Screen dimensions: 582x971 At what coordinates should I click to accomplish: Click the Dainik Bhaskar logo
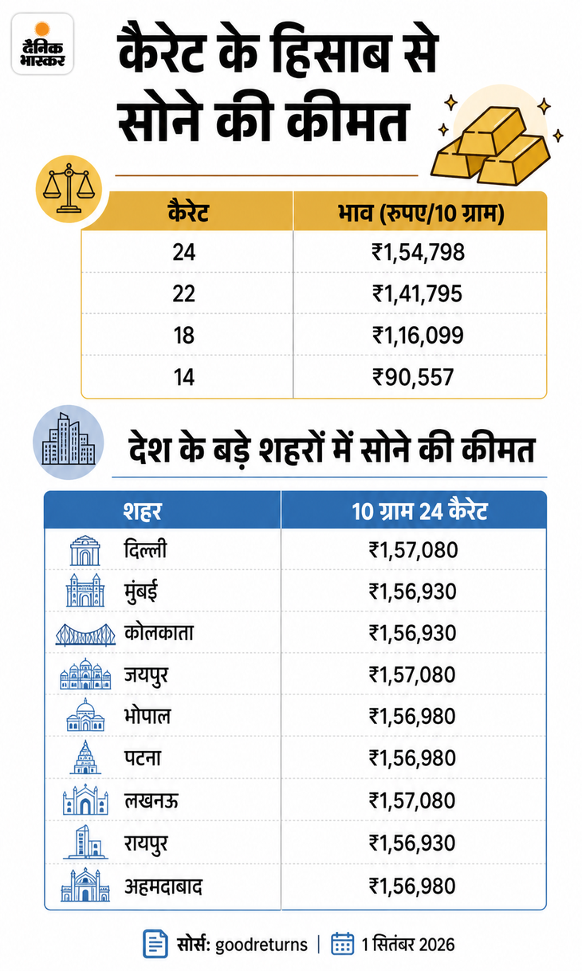click(42, 44)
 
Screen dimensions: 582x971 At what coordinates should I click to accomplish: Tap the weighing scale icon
click(69, 189)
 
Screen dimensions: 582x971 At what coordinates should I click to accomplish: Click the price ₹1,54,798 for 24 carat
click(419, 252)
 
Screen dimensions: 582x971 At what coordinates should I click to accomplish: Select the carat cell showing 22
click(183, 293)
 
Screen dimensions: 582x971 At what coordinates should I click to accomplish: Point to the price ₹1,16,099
click(419, 335)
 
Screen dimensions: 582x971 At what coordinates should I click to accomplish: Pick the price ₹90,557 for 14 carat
click(413, 377)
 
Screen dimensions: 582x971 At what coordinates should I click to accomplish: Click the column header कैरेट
click(188, 212)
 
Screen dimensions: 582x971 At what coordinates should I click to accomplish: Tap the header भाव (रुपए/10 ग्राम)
click(421, 213)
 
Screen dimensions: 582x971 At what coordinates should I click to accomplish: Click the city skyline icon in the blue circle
click(69, 442)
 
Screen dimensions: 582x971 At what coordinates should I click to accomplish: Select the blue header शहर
click(142, 511)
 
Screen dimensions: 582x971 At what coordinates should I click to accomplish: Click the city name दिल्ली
click(145, 549)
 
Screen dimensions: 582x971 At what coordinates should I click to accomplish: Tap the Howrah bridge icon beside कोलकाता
click(85, 635)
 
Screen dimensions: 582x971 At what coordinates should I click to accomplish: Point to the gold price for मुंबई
click(412, 592)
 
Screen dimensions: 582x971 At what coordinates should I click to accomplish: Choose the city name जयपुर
click(147, 675)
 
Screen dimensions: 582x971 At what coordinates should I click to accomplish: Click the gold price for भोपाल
click(412, 716)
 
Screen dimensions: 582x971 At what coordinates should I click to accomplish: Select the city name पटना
click(143, 757)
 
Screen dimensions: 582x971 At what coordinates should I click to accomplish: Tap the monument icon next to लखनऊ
click(85, 800)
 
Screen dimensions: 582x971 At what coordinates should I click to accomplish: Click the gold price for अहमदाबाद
click(412, 886)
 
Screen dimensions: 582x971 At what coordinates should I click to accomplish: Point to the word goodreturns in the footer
click(262, 944)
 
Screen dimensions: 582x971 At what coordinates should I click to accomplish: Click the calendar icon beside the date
click(342, 943)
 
